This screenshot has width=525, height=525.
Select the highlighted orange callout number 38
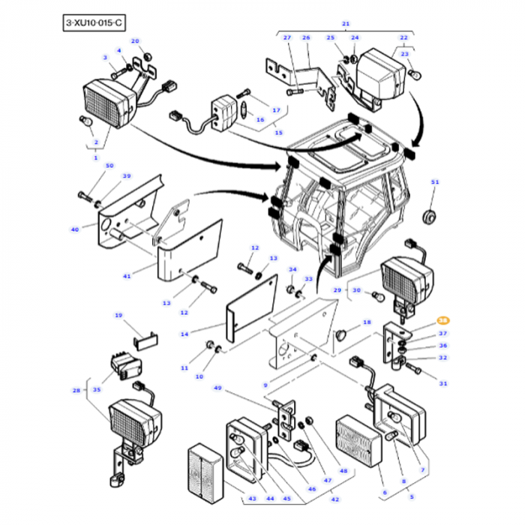[x=442, y=320]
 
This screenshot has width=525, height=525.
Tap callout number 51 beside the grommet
[x=434, y=182]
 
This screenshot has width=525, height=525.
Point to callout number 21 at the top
[x=346, y=24]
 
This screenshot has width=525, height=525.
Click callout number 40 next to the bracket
[x=75, y=229]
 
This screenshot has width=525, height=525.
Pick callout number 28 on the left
[x=76, y=390]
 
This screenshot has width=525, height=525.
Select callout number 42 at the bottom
[x=335, y=499]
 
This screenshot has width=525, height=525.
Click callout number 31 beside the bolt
[x=442, y=383]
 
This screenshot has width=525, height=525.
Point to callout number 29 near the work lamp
[x=337, y=290]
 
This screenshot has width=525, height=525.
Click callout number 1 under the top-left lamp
[x=95, y=157]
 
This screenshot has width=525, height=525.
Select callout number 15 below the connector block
[x=278, y=133]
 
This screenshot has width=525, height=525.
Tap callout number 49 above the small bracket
[x=217, y=388]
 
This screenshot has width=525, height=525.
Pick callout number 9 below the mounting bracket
[x=265, y=385]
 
